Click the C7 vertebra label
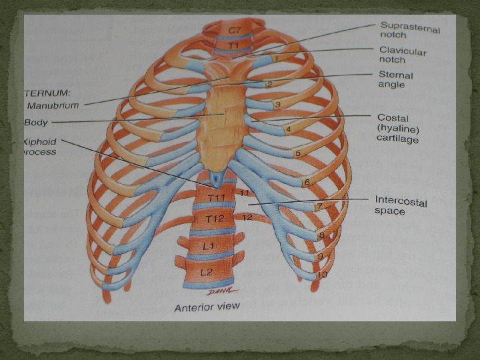point(235,31)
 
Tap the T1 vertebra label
point(233,45)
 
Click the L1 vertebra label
point(209,246)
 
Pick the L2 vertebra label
point(207,271)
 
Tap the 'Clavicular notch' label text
point(403,55)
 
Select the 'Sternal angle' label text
point(395,80)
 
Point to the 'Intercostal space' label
point(401,205)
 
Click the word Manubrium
point(53,105)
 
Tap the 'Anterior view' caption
point(207,308)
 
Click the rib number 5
point(297,153)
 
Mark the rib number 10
point(322,275)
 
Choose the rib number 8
point(321,235)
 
